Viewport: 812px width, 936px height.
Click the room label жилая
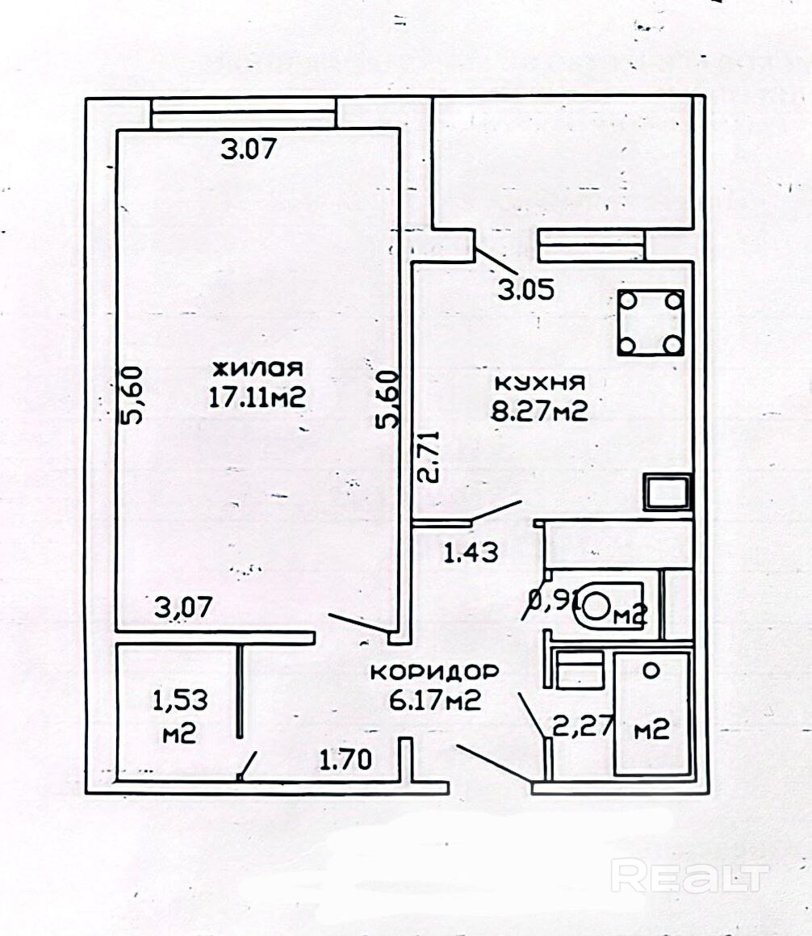[x=257, y=369]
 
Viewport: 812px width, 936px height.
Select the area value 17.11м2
[x=257, y=397]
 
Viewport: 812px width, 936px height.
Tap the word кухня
[x=541, y=383]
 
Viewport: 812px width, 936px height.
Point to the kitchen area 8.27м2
[x=539, y=411]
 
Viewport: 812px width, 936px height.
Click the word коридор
[x=434, y=673]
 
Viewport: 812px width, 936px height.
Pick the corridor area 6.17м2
[x=435, y=699]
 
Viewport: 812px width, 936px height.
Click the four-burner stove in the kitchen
[x=651, y=323]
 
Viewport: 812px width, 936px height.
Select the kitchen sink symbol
[x=667, y=493]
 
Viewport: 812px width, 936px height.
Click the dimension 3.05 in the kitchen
[x=526, y=291]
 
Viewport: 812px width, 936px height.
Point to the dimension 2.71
[x=429, y=456]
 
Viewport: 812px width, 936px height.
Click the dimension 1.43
[x=471, y=553]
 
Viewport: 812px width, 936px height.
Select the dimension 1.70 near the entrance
[x=346, y=760]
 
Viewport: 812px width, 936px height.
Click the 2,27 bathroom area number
[x=583, y=725]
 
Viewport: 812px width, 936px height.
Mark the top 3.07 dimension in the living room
[x=249, y=149]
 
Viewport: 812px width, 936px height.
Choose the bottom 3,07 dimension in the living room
[x=183, y=607]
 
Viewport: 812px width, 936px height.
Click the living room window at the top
[x=244, y=113]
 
